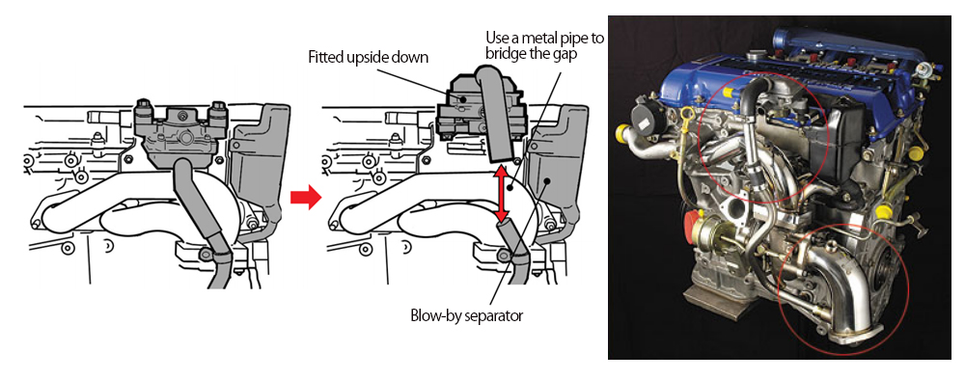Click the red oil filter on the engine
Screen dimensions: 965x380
pyautogui.click(x=691, y=228)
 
